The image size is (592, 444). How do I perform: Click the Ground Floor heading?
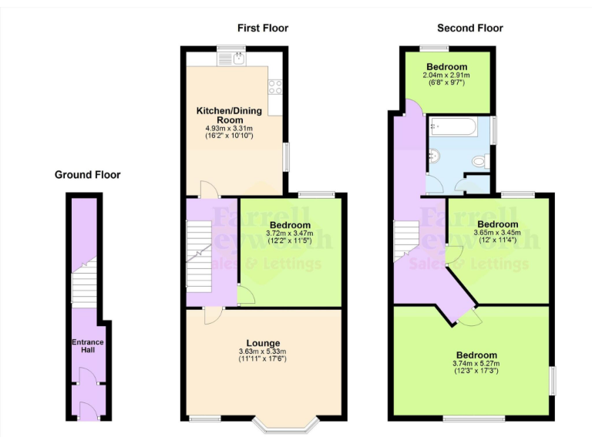[x=87, y=175]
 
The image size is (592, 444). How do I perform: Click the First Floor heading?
[x=262, y=29]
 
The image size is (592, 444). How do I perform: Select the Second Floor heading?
[x=469, y=29]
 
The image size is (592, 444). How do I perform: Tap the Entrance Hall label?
[x=88, y=345]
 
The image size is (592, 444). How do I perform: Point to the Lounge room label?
[x=263, y=343]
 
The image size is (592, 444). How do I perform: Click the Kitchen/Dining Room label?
[x=228, y=116]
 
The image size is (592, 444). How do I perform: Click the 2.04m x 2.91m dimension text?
[x=448, y=76]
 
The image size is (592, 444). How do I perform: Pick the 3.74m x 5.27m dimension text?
[x=476, y=367]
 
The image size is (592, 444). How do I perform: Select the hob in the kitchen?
[x=274, y=87]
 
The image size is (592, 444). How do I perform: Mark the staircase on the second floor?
[x=405, y=239]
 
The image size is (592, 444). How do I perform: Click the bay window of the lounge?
[x=287, y=423]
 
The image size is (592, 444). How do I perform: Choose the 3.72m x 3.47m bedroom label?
[x=289, y=230]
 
